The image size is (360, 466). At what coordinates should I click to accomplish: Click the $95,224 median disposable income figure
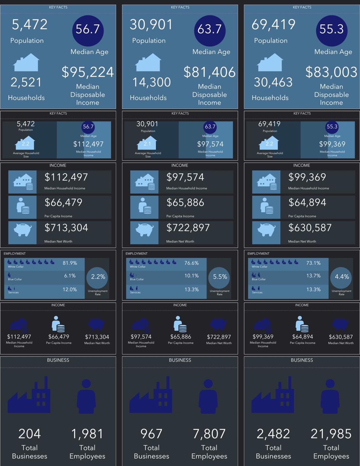(87, 72)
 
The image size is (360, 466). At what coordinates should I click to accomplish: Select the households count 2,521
(26, 82)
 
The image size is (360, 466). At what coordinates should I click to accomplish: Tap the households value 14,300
(151, 82)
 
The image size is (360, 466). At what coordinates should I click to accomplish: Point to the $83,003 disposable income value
(331, 72)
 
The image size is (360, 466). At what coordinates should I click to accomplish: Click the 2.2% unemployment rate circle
(98, 277)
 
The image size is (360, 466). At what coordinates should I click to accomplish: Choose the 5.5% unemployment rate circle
(220, 277)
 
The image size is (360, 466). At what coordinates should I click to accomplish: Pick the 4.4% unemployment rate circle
(341, 277)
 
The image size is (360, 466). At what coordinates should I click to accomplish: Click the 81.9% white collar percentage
(70, 263)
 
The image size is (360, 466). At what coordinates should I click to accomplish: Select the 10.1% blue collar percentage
(192, 276)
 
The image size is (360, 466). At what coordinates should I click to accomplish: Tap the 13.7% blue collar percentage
(313, 276)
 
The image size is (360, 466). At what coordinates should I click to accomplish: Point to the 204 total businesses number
(29, 434)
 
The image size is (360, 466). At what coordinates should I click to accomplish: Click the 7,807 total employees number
(209, 434)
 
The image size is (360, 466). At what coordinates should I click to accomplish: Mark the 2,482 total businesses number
(273, 434)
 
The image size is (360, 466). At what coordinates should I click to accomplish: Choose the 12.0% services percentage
(70, 289)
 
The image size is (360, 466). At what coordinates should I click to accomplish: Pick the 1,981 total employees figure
(87, 434)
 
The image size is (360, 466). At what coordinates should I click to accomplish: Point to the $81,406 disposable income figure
(209, 72)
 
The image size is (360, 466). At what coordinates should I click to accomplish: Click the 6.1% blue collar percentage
(70, 276)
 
